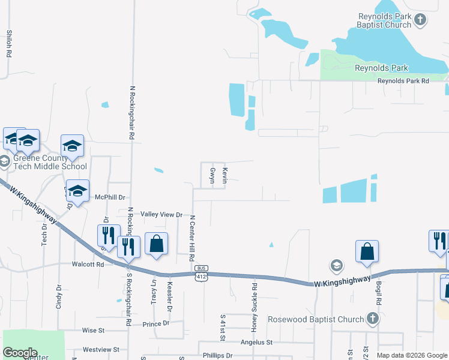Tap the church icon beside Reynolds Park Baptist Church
click(x=420, y=20)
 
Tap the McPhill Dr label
click(x=110, y=197)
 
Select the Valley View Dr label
click(x=161, y=214)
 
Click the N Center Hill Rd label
click(x=193, y=238)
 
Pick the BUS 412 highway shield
click(x=202, y=272)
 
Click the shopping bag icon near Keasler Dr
click(x=156, y=244)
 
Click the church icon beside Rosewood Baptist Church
click(x=372, y=319)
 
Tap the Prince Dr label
click(x=156, y=324)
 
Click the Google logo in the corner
click(x=20, y=352)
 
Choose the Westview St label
click(x=101, y=349)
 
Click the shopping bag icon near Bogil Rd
click(x=367, y=251)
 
